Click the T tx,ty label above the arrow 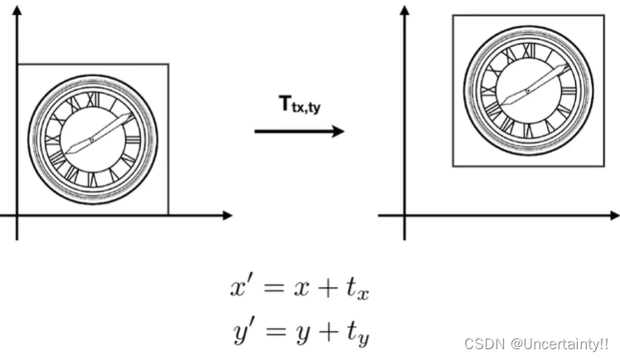click(298, 106)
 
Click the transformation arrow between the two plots click(298, 131)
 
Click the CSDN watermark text click(536, 343)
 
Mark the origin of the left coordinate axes click(17, 215)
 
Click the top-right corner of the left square click(168, 64)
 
